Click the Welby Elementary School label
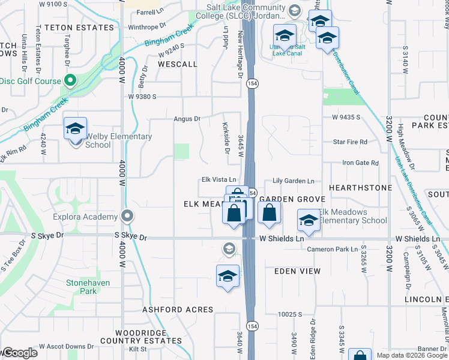[118, 141]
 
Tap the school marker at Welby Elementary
[76, 130]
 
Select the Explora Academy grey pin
[127, 216]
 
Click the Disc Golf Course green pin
[70, 80]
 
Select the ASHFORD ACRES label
[178, 310]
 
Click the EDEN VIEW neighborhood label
[294, 271]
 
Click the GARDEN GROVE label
[292, 199]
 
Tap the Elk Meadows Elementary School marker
[309, 221]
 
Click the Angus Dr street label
[187, 119]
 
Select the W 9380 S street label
[142, 96]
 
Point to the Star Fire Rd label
[350, 142]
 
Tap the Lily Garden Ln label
[294, 181]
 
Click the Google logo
[19, 353]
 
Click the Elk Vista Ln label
[218, 180]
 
